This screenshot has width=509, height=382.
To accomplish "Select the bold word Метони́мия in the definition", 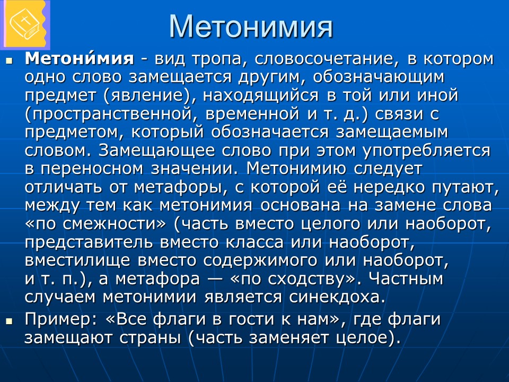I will pyautogui.click(x=79, y=59).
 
